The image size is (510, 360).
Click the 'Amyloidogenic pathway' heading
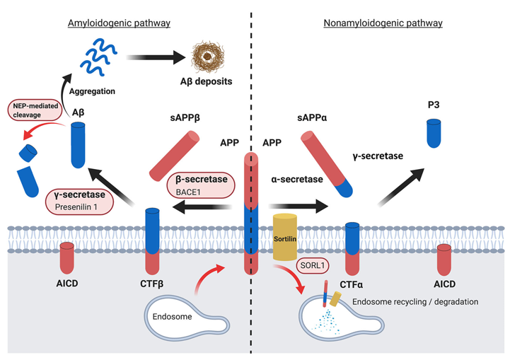(x=119, y=23)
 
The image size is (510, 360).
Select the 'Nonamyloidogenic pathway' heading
(x=383, y=23)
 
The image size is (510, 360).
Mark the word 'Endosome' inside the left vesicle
(x=172, y=316)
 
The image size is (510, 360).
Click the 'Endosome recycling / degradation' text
(x=415, y=302)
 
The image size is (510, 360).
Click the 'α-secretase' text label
(x=297, y=180)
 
